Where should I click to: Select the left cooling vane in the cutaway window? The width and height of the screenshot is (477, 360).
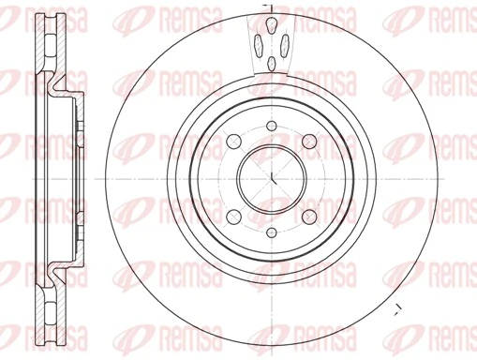tap(257, 41)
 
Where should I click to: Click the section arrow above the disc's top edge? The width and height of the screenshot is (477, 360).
tap(266, 7)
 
